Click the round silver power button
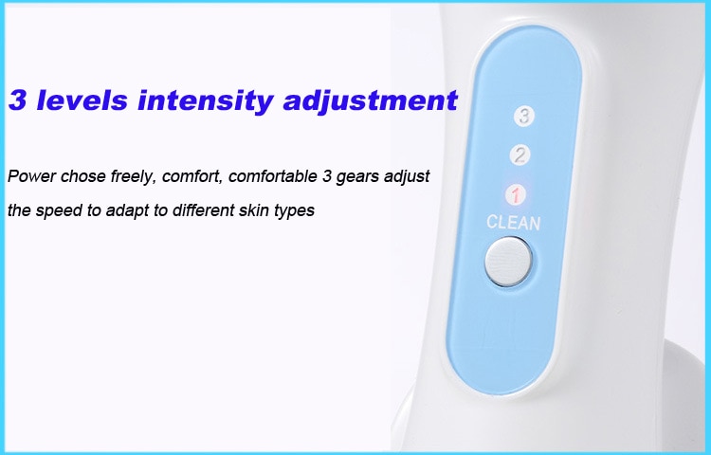click(508, 262)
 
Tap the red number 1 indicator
click(516, 195)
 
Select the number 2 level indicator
click(520, 155)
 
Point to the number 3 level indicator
click(524, 116)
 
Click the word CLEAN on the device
click(513, 223)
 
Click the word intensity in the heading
click(205, 101)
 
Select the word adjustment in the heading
click(370, 101)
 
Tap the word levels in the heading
click(82, 100)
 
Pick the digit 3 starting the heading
click(17, 100)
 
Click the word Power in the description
click(31, 175)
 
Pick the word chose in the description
click(83, 175)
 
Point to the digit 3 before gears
click(327, 175)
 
